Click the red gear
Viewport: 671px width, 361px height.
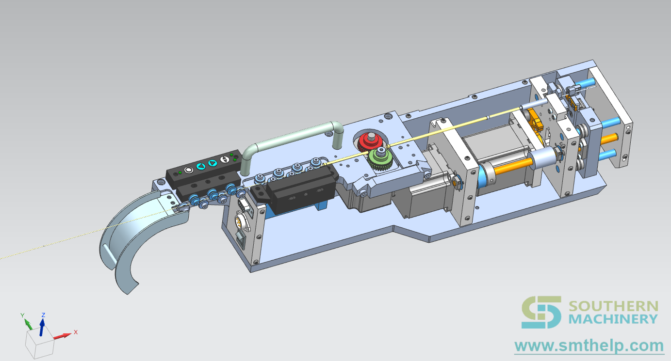click(370, 142)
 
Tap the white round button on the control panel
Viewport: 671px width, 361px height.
click(188, 170)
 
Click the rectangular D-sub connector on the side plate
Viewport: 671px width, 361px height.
click(243, 206)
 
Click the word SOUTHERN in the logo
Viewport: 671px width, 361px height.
click(613, 307)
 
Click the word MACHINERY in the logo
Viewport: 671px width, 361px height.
click(613, 319)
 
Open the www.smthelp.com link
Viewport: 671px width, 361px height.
click(589, 346)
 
